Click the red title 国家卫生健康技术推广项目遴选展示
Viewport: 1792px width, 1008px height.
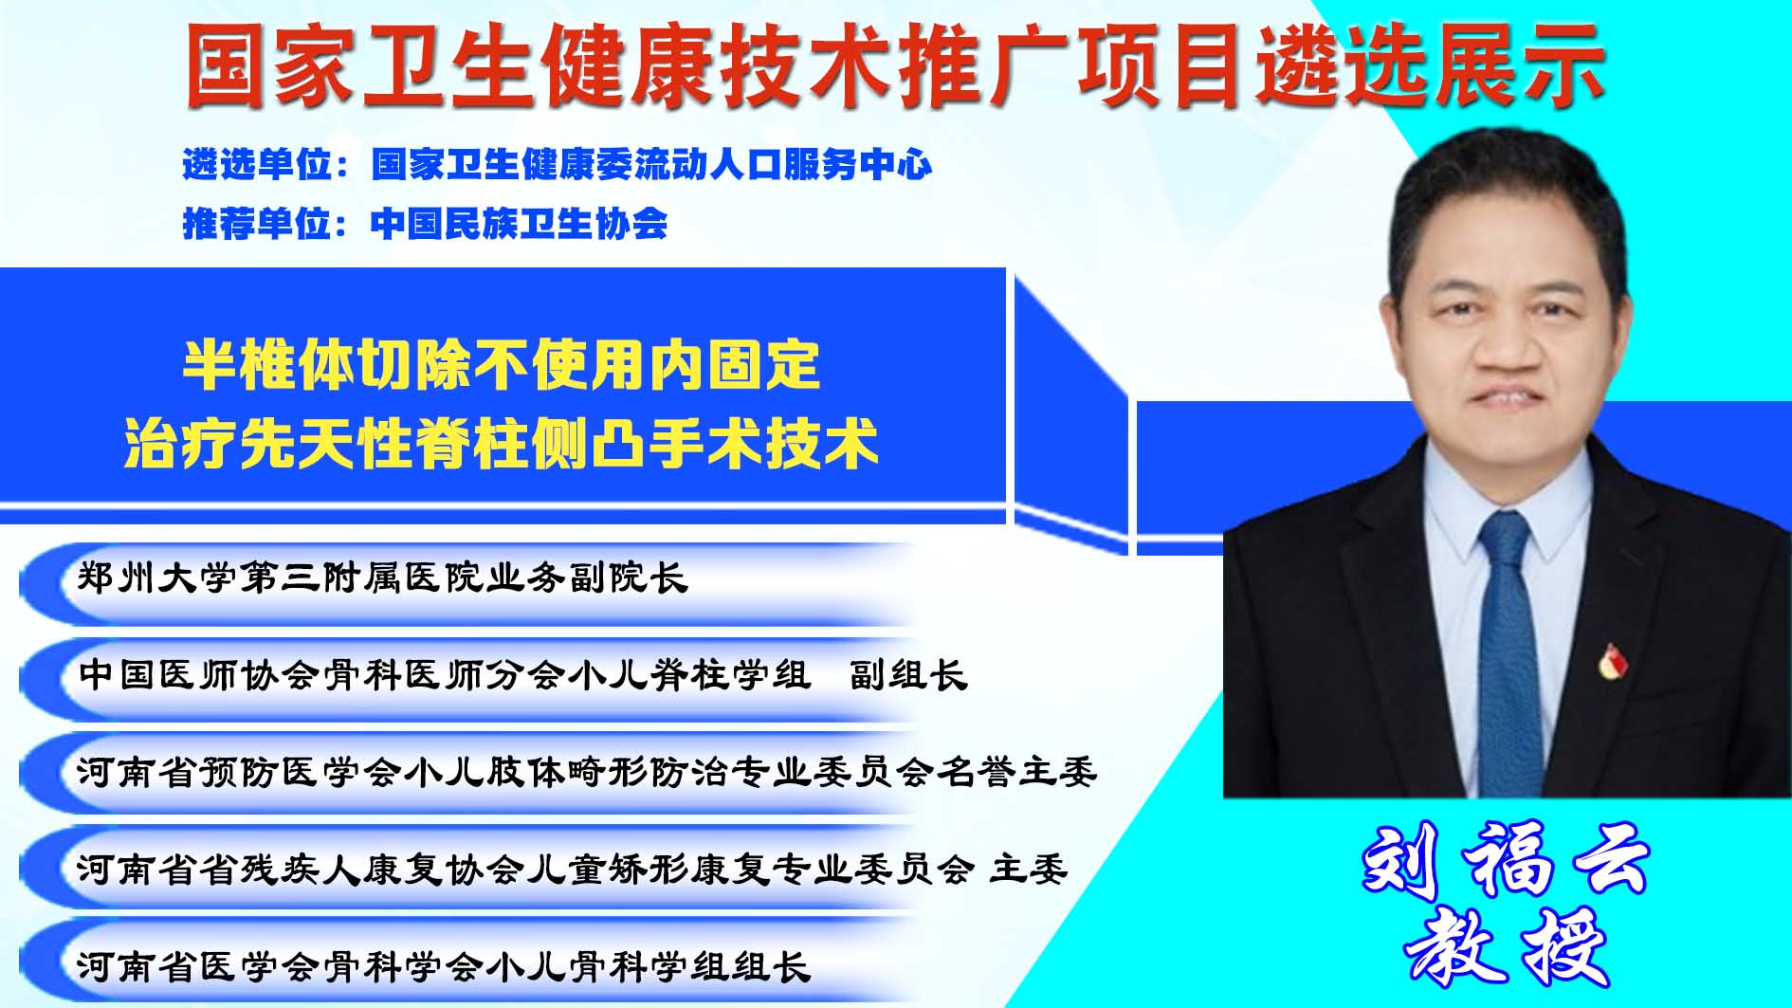pos(895,64)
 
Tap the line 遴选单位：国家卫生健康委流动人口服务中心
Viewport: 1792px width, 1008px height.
pos(558,165)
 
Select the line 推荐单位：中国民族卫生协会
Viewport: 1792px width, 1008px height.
pos(425,224)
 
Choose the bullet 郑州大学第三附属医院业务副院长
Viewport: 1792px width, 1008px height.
pos(382,577)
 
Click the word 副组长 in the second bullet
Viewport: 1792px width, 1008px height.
pos(908,674)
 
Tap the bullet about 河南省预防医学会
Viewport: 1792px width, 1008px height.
pos(587,772)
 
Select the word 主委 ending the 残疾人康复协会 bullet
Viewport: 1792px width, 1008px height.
pos(1030,869)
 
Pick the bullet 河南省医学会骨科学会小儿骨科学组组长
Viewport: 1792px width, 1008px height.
pos(444,966)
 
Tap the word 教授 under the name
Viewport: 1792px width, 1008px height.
pos(1507,946)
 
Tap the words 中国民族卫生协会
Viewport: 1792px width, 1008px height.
pos(520,224)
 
